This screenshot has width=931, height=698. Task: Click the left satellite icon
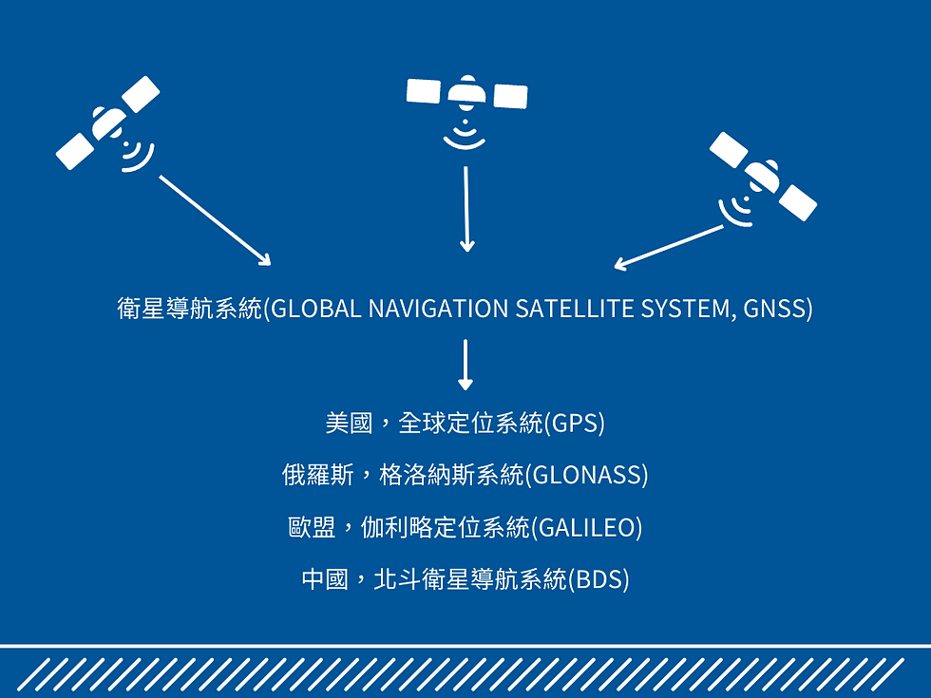pyautogui.click(x=108, y=123)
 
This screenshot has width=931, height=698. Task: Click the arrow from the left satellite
pyautogui.click(x=215, y=219)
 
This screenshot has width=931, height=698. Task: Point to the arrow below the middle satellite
pyautogui.click(x=465, y=208)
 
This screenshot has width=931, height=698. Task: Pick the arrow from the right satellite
pyautogui.click(x=670, y=246)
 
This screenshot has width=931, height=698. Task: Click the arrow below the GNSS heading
pyautogui.click(x=465, y=365)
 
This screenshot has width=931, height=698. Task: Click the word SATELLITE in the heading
pyautogui.click(x=576, y=310)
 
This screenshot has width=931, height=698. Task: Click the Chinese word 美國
pyautogui.click(x=349, y=423)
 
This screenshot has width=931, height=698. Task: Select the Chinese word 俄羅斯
pyautogui.click(x=318, y=475)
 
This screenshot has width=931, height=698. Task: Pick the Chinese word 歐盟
pyautogui.click(x=313, y=527)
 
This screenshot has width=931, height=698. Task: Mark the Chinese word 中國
pyautogui.click(x=325, y=579)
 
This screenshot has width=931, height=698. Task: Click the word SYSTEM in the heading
pyautogui.click(x=686, y=310)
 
